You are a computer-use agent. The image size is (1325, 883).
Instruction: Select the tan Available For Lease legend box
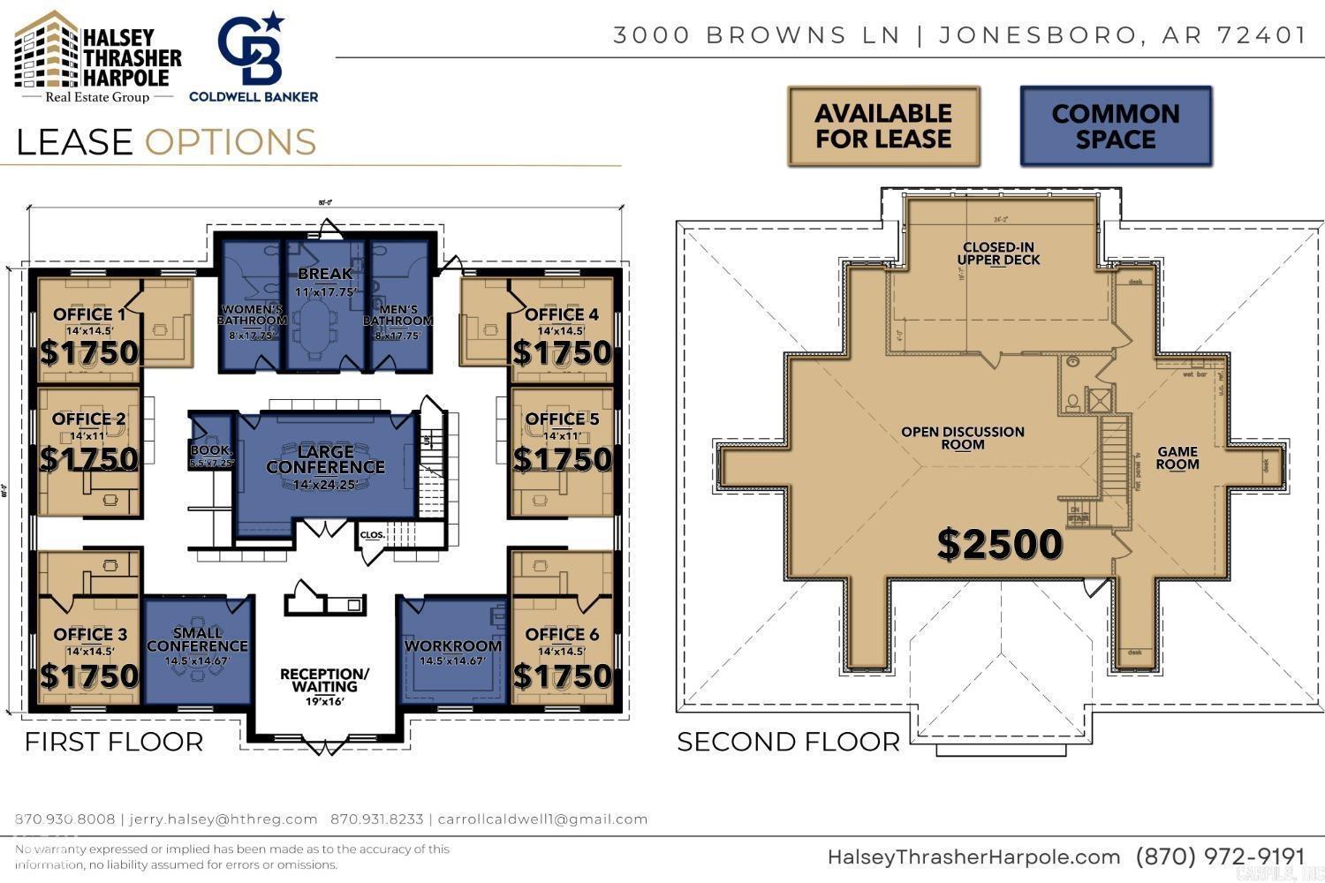883,126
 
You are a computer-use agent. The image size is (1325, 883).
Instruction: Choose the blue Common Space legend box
1116,126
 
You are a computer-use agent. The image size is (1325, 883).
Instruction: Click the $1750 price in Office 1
89,352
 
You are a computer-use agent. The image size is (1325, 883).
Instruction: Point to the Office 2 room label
89,419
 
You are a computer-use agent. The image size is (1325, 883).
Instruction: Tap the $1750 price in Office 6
562,676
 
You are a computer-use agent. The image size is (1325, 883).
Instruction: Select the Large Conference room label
325,460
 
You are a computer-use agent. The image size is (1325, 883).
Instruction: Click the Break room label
325,274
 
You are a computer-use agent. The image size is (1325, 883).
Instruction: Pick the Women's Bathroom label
252,315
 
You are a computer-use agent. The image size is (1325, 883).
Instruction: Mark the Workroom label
453,646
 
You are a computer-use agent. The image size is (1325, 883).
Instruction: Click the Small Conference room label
197,640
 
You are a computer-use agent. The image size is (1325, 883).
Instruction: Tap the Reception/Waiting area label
324,680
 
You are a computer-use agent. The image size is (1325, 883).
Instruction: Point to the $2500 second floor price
999,544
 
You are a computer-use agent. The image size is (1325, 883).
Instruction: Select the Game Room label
1177,458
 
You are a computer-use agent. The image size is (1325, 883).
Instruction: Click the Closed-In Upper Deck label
998,253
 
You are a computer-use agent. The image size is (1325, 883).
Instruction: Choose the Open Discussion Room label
963,438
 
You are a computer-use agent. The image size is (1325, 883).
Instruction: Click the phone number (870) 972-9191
1220,857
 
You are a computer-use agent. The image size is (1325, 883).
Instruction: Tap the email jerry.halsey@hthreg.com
223,819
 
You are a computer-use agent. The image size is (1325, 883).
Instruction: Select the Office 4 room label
561,314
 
